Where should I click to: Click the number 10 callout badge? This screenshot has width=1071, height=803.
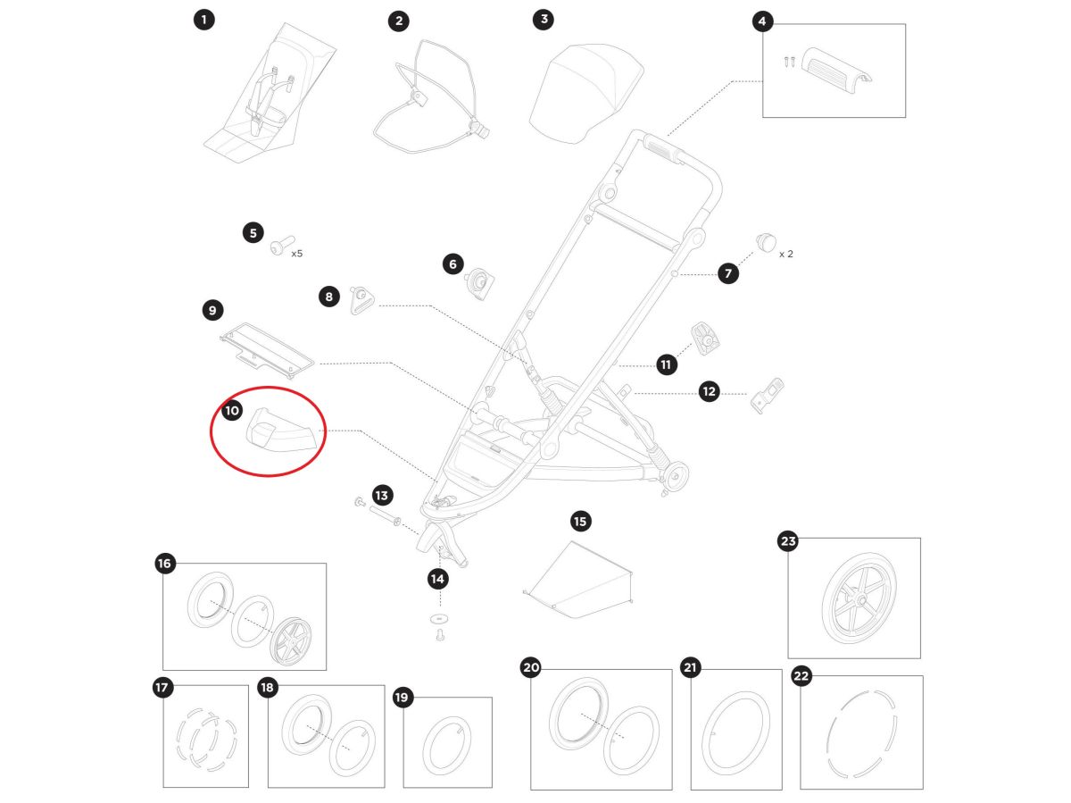(x=232, y=410)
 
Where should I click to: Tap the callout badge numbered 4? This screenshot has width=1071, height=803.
(x=761, y=21)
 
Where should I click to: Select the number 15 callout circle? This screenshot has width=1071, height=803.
(x=580, y=522)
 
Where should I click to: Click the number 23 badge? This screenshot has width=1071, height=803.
(x=788, y=541)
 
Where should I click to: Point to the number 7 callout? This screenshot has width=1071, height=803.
(x=728, y=273)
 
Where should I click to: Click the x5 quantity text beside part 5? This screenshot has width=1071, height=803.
(x=296, y=254)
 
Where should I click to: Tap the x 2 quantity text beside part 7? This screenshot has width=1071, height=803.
(x=785, y=254)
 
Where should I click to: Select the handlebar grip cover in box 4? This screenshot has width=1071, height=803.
(x=837, y=71)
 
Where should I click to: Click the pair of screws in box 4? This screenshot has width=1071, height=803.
(x=790, y=62)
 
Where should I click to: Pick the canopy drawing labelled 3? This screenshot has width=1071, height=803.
(x=586, y=93)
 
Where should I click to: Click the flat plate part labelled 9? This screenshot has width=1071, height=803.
(x=267, y=350)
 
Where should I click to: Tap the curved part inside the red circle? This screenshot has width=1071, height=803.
(x=280, y=430)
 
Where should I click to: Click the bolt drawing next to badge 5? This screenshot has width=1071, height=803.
(x=282, y=245)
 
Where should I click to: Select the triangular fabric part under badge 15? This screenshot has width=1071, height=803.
(x=578, y=580)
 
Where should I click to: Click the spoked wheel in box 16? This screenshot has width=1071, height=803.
(x=291, y=641)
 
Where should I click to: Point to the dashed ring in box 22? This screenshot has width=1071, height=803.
(x=861, y=733)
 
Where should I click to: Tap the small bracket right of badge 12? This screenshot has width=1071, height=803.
(x=767, y=396)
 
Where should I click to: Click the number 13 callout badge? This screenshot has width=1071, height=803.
(x=382, y=496)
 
